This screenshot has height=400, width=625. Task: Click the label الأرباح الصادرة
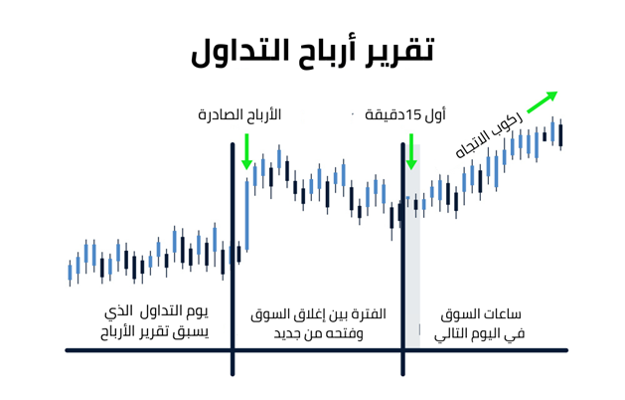(x=239, y=115)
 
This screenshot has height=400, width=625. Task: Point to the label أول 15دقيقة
(x=405, y=115)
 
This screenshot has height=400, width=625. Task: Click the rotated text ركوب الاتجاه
(x=489, y=134)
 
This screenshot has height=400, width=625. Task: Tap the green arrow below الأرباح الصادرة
(x=246, y=151)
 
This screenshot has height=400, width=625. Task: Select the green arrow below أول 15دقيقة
(x=411, y=151)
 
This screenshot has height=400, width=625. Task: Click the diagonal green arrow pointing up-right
(x=543, y=101)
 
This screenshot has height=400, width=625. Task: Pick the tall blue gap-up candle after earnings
(x=247, y=215)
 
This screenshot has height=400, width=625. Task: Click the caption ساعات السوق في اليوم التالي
(x=480, y=323)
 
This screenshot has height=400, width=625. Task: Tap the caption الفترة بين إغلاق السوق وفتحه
(x=319, y=323)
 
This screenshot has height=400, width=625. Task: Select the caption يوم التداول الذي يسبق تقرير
(x=155, y=322)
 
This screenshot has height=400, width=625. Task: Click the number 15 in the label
(x=414, y=115)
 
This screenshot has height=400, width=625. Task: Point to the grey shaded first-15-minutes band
(x=412, y=246)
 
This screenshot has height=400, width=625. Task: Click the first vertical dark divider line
(x=233, y=260)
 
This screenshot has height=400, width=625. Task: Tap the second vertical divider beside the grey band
(x=403, y=260)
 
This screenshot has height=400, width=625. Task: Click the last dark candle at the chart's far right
(x=560, y=135)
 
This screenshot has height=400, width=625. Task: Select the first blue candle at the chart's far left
(x=71, y=273)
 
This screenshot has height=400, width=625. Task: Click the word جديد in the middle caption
(x=285, y=333)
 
